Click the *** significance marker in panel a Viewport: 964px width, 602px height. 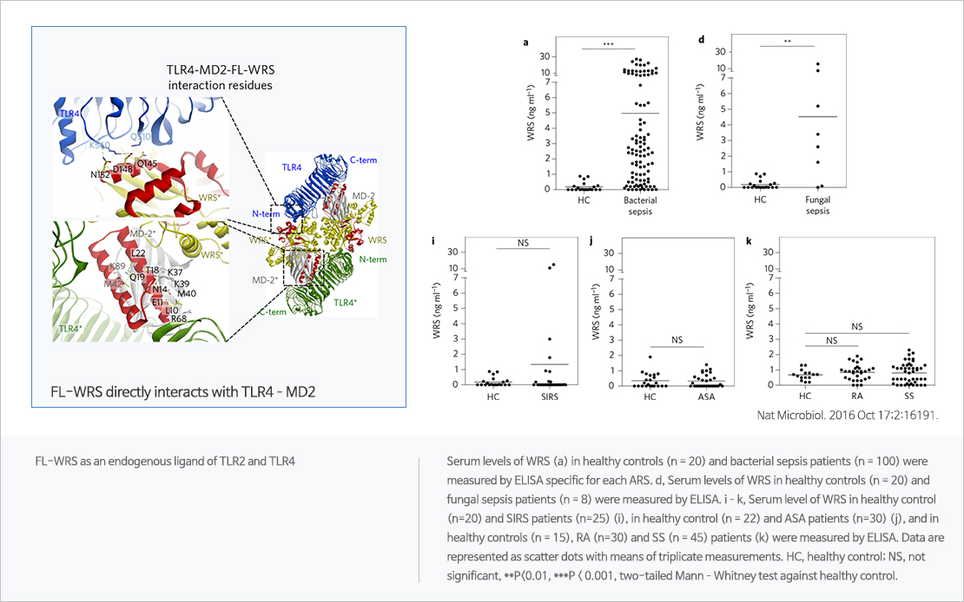tap(608, 43)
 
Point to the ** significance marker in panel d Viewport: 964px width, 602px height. tap(787, 41)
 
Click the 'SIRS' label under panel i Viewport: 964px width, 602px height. tap(549, 397)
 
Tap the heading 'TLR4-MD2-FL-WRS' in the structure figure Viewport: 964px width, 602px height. tap(220, 70)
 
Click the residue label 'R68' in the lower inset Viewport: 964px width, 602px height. tap(179, 318)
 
